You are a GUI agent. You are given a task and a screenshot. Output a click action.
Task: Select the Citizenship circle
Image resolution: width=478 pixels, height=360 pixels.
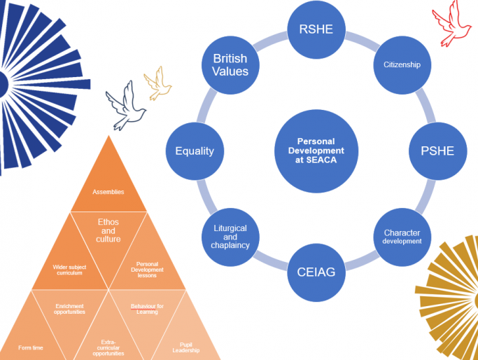(402, 64)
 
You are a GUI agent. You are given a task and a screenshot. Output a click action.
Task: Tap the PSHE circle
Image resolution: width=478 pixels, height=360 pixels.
(437, 151)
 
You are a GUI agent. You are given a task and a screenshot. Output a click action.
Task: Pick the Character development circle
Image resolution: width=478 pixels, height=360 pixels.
(402, 236)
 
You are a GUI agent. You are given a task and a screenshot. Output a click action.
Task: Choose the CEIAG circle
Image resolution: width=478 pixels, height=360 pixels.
(316, 271)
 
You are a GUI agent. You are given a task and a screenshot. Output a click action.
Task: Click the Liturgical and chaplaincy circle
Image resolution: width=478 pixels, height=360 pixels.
(230, 236)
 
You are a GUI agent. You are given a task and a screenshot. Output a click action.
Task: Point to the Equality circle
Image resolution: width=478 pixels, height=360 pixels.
(195, 151)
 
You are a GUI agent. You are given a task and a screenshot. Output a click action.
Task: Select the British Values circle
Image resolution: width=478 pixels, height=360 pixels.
(230, 64)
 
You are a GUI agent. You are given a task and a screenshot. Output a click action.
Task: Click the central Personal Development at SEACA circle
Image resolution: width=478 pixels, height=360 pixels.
(316, 151)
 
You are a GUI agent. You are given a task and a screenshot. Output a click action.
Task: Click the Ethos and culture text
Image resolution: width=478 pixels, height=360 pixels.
(108, 230)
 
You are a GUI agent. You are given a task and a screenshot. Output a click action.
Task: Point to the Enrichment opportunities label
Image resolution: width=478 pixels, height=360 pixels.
(70, 308)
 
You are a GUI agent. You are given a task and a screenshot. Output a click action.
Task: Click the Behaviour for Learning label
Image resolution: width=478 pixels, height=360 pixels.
(148, 308)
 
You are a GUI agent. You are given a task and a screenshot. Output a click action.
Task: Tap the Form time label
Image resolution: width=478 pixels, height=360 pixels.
(31, 347)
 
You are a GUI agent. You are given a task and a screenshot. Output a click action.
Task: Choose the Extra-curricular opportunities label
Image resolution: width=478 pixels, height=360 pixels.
(108, 347)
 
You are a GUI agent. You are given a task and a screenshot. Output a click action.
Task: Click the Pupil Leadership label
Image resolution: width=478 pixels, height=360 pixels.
(185, 347)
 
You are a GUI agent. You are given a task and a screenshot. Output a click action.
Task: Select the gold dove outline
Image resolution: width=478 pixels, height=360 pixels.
(157, 82)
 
